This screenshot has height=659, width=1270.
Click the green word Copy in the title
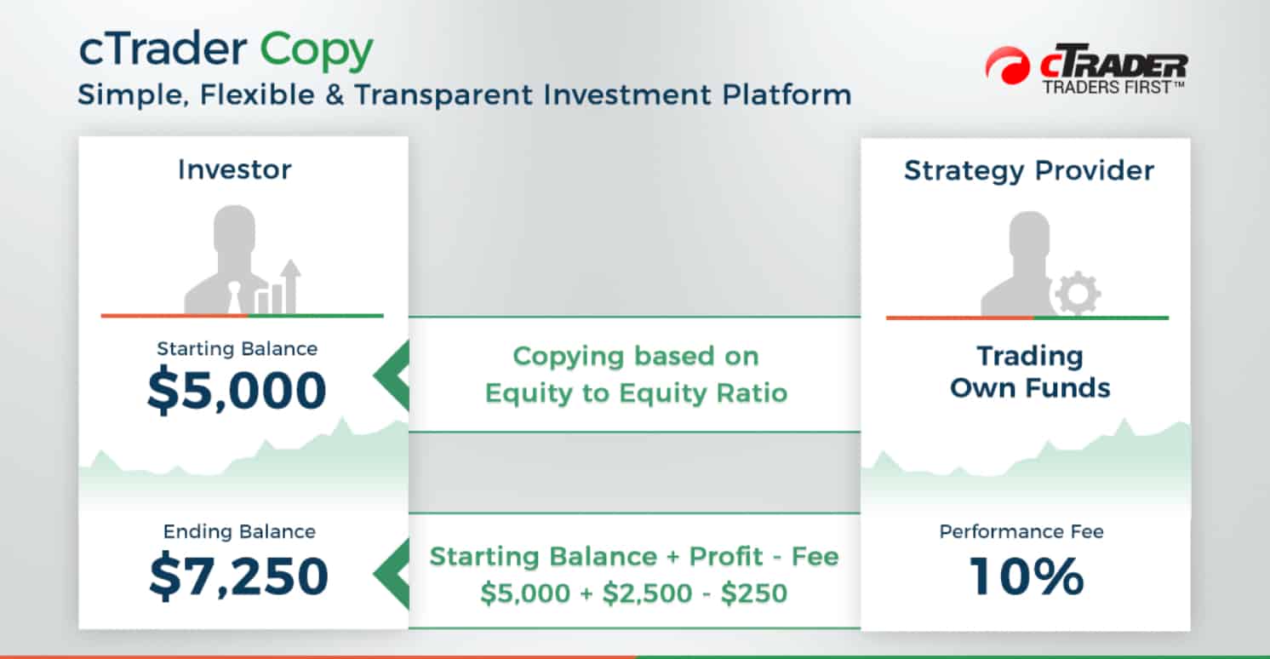click(x=316, y=51)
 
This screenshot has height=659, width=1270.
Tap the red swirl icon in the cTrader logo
click(x=1008, y=66)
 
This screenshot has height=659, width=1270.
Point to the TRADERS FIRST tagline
click(x=1113, y=88)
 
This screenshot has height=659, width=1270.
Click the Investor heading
click(x=235, y=169)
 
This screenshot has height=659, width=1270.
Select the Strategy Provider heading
click(x=1029, y=170)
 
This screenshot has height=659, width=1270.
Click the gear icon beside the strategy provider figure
click(x=1078, y=293)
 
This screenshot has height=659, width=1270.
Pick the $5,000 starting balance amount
click(x=237, y=390)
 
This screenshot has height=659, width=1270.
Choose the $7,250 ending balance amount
click(x=238, y=576)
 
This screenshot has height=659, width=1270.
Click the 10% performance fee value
click(x=1027, y=576)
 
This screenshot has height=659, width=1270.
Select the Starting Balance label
click(x=237, y=348)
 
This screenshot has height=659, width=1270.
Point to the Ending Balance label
click(x=239, y=531)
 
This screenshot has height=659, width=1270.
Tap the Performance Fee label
click(x=1021, y=531)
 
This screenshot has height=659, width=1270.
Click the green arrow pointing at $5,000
click(x=392, y=375)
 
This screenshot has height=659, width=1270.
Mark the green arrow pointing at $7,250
click(x=392, y=574)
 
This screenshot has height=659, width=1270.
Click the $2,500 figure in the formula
click(x=648, y=593)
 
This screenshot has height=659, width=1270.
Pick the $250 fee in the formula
click(x=754, y=593)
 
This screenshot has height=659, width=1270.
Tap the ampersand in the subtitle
click(x=335, y=95)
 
